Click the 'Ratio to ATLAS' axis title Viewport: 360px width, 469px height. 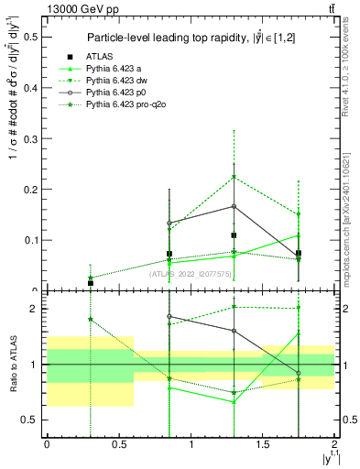[x=12, y=365]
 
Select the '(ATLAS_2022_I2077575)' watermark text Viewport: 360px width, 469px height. [x=191, y=272]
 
